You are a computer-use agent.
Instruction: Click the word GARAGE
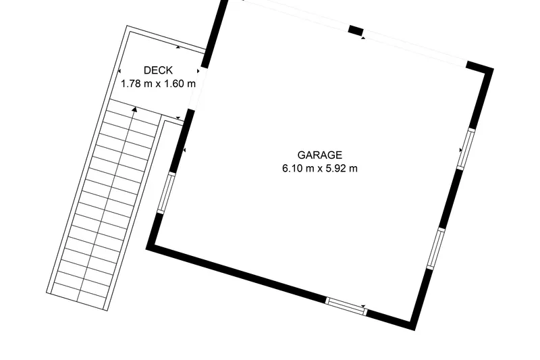(319, 155)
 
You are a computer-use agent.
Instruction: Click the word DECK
(158, 70)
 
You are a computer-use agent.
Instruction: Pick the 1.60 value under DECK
(173, 84)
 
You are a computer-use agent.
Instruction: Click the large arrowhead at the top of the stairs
(134, 109)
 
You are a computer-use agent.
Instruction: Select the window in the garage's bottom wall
(346, 306)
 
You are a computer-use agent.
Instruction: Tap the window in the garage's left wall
(166, 192)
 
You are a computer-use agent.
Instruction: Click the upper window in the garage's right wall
(466, 149)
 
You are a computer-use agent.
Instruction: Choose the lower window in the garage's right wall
(436, 249)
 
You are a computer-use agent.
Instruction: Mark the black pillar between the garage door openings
(356, 30)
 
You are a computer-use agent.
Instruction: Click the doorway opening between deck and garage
(198, 88)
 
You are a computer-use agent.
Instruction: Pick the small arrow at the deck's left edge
(119, 71)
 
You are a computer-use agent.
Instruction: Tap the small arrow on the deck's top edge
(178, 47)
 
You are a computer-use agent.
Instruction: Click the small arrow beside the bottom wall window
(363, 306)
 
